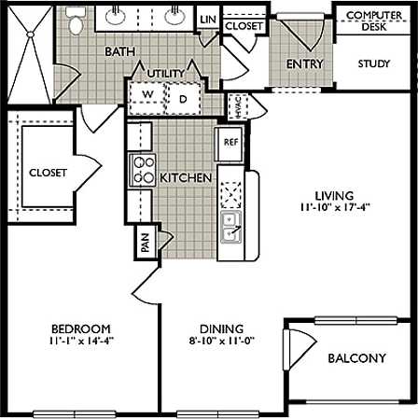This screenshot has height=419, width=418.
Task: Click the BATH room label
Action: click(120, 51)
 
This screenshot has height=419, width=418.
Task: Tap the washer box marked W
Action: click(147, 95)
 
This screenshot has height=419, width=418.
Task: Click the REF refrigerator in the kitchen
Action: click(230, 144)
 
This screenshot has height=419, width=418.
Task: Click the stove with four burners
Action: click(143, 170)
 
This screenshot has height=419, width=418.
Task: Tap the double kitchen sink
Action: click(230, 225)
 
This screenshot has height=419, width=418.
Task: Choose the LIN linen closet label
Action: click(208, 19)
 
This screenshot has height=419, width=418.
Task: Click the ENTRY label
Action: click(304, 64)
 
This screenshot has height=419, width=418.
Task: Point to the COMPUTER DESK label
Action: click(367, 21)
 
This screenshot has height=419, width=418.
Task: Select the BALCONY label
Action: click(357, 358)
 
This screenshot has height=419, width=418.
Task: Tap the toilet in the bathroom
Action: click(75, 21)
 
